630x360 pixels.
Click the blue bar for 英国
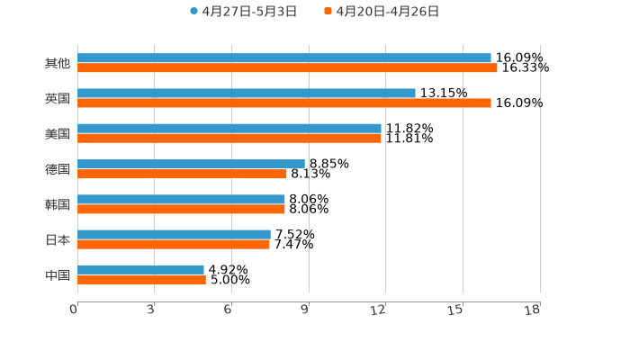247,94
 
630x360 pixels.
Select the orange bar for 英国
284,103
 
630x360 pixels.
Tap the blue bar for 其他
284,58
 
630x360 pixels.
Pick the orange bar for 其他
287,68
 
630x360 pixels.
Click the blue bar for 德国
191,164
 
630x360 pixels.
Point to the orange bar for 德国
182,174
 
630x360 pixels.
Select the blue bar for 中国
140,269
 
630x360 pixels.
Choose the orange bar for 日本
174,244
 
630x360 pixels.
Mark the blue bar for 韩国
181,200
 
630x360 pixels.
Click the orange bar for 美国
229,139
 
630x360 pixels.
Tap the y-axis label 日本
58,239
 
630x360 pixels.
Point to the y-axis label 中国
58,274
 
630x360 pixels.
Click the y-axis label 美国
58,134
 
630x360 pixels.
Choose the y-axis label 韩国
58,204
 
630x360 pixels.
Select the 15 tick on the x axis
456,310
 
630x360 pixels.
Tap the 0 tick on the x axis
74,310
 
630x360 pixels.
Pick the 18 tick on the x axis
533,310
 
